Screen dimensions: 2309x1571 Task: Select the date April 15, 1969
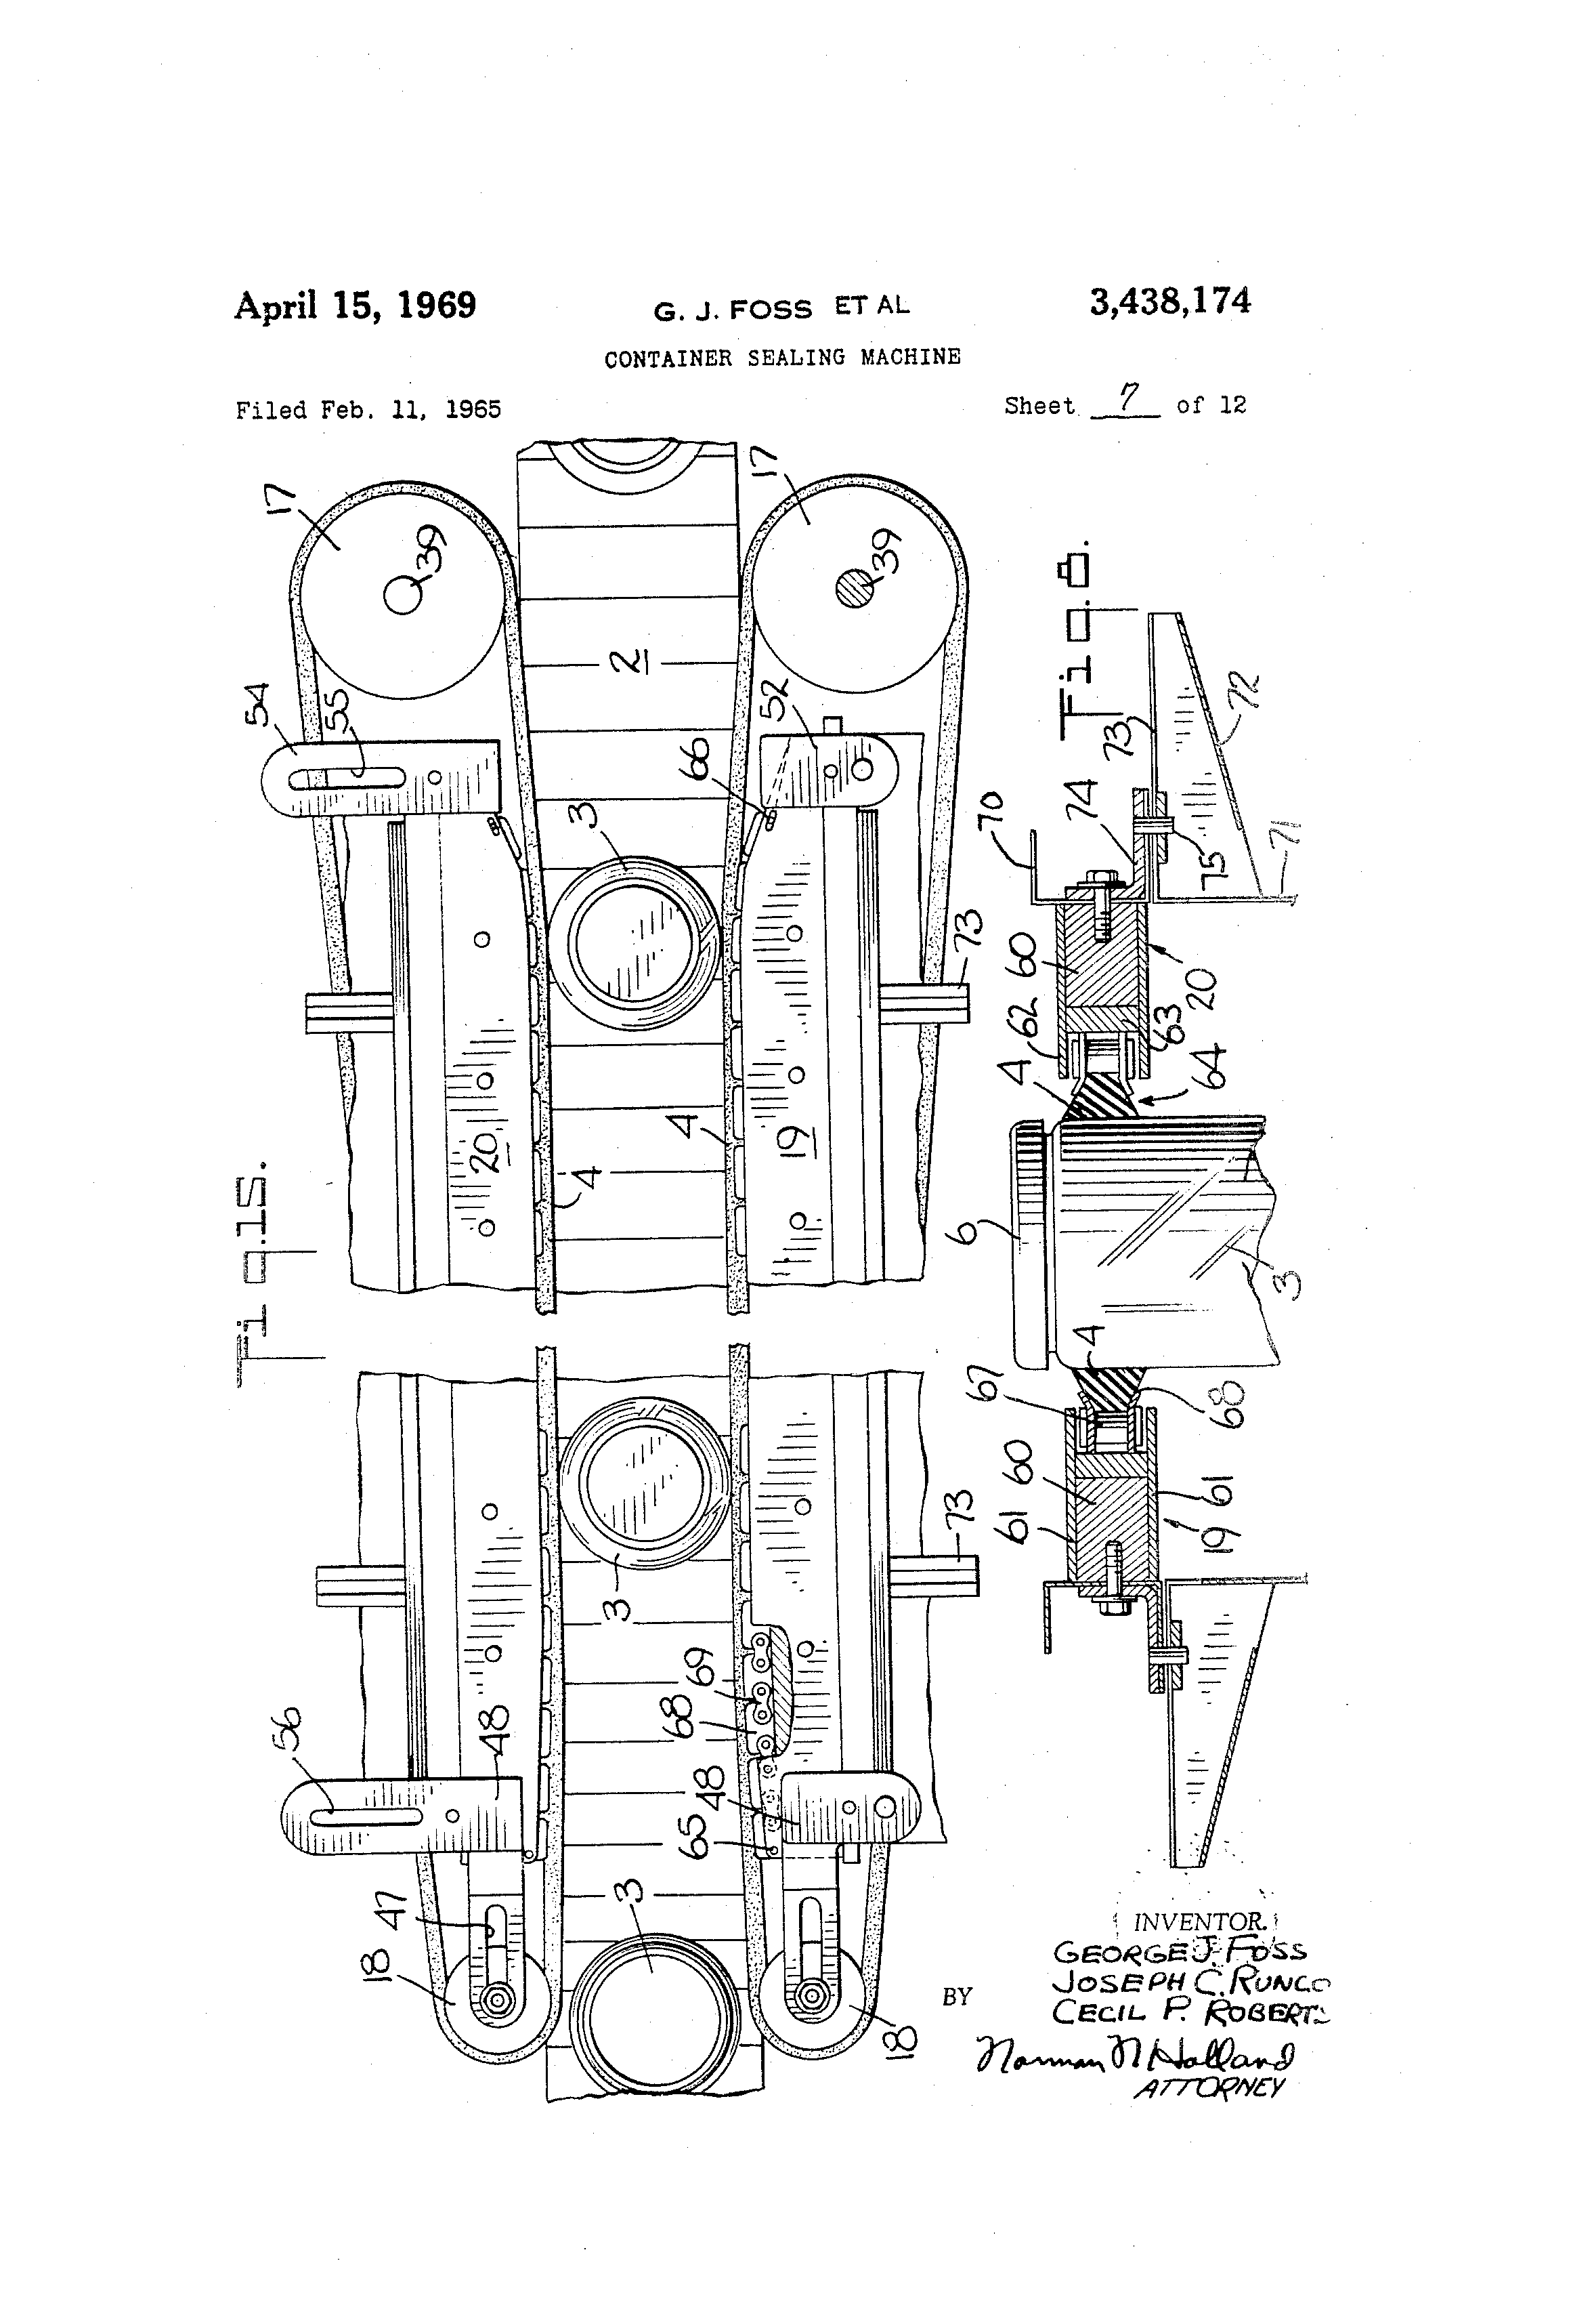coord(355,305)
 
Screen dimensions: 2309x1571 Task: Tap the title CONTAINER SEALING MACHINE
coord(783,358)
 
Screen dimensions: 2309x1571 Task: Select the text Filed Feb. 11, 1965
coord(368,409)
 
